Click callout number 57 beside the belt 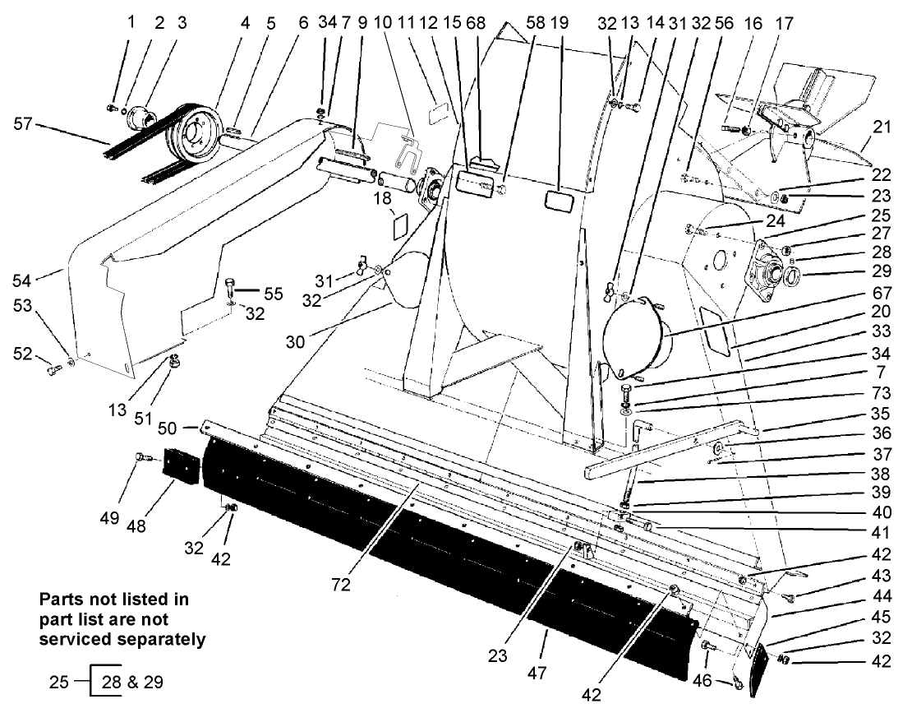(x=25, y=124)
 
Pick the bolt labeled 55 (x=230, y=288)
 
